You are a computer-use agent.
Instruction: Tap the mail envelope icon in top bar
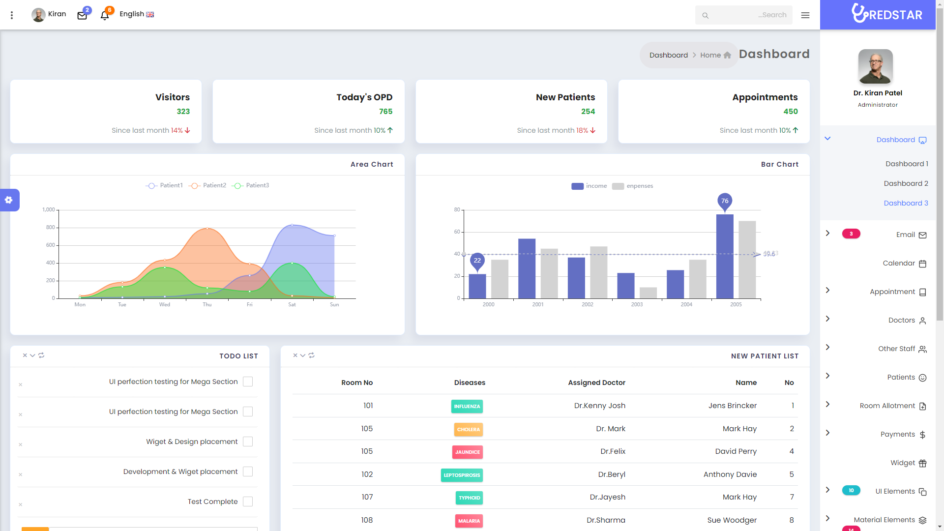tap(82, 16)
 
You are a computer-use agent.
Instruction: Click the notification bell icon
tap(104, 16)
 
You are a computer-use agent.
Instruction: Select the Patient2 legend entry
tap(208, 185)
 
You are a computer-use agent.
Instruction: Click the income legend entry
tap(589, 186)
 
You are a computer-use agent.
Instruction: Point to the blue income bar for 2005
tap(725, 256)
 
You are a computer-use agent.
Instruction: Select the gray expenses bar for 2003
tap(648, 293)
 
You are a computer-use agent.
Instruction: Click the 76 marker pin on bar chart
tap(725, 201)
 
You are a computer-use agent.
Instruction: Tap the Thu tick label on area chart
tap(207, 305)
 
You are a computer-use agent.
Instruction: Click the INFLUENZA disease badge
tap(467, 406)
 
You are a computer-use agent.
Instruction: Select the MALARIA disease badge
tap(469, 521)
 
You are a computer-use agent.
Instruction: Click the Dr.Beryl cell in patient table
tap(612, 474)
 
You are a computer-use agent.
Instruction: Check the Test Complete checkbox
tap(248, 501)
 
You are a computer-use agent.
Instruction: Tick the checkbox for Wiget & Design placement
tap(248, 442)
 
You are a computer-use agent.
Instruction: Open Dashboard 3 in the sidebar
tap(906, 203)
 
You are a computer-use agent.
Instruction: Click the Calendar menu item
tap(899, 263)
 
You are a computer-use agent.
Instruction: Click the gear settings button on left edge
tap(9, 200)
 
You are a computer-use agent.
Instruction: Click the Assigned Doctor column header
tap(596, 383)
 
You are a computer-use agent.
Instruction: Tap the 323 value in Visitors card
tap(183, 112)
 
